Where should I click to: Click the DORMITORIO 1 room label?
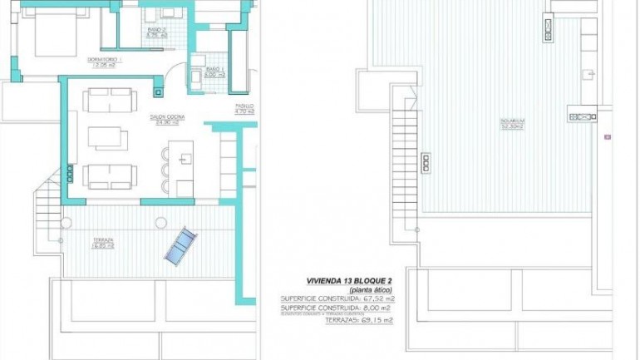[x=105, y=60]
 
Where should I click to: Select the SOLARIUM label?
[x=512, y=124]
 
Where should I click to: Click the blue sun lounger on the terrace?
[x=180, y=247]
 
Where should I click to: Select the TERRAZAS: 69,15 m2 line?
[x=358, y=319]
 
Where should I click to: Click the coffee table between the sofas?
[x=108, y=137]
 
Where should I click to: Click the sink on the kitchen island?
[x=185, y=154]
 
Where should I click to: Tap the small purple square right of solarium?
[x=608, y=136]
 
